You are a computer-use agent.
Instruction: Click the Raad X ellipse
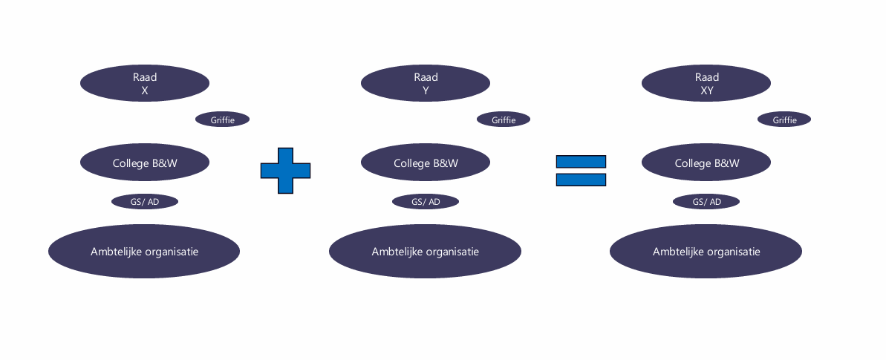coord(145,83)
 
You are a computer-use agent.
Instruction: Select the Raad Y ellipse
coord(426,83)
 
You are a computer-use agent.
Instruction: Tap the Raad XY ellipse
coord(706,83)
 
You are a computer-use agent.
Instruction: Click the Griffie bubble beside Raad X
coord(223,120)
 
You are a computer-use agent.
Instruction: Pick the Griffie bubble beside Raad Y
coord(504,120)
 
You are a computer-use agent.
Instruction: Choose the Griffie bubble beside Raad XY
coord(784,120)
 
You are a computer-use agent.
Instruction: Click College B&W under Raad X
coord(145,163)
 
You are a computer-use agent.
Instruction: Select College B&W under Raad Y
coord(426,163)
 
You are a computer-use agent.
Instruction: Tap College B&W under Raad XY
coord(706,163)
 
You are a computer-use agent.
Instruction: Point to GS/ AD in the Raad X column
coord(145,202)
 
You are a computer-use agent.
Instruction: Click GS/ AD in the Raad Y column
coord(426,202)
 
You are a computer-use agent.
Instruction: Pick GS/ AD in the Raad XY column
coord(706,202)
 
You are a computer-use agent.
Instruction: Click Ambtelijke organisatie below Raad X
coord(144,252)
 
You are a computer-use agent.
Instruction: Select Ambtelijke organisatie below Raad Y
coord(425,252)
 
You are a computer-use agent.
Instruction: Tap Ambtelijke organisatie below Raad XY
coord(706,252)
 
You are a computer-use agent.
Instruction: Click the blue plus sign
coord(285,171)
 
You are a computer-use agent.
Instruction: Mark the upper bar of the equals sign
coord(581,162)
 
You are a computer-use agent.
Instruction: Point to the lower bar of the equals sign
coord(581,180)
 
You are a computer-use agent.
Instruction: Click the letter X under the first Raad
coord(145,91)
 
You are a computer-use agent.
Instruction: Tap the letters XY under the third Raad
coord(707,91)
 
